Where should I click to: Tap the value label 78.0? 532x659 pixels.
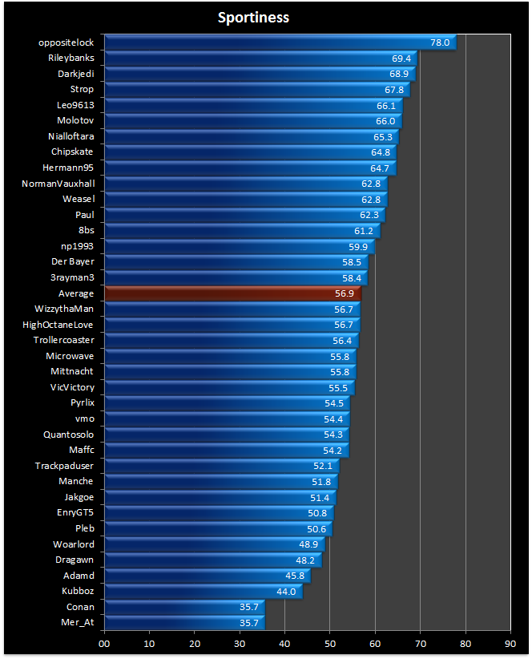click(440, 42)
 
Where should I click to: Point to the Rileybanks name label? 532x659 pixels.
click(71, 58)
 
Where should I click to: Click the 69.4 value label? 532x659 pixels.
click(401, 58)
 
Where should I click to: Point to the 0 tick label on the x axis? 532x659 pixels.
click(104, 642)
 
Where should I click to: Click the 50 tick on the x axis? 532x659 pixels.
click(329, 642)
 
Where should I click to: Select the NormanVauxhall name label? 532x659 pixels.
click(58, 184)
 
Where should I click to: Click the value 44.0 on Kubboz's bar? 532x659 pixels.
click(286, 592)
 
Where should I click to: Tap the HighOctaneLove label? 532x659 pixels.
click(58, 325)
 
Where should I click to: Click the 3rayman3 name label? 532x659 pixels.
click(72, 277)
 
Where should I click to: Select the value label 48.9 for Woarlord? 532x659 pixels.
click(308, 544)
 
